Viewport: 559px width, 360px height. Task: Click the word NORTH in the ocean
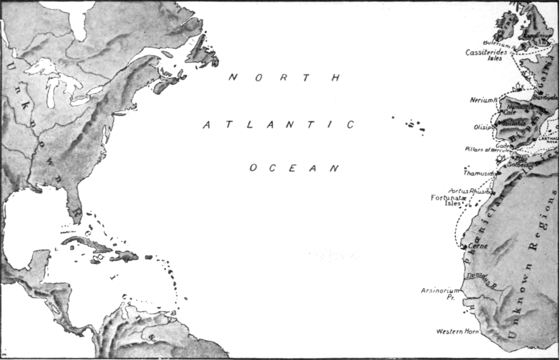point(285,78)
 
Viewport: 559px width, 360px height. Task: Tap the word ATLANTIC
point(278,125)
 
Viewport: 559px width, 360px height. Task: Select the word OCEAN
point(295,168)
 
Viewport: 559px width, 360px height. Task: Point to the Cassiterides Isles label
point(486,55)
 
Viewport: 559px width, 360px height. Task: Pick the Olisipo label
point(484,127)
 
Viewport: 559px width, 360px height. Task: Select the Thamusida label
point(479,173)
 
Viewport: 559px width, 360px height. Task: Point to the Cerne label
point(479,246)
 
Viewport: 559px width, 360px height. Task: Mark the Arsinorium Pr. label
point(440,293)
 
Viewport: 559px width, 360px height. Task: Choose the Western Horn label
point(458,331)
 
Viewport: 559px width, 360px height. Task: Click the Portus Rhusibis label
point(468,191)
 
